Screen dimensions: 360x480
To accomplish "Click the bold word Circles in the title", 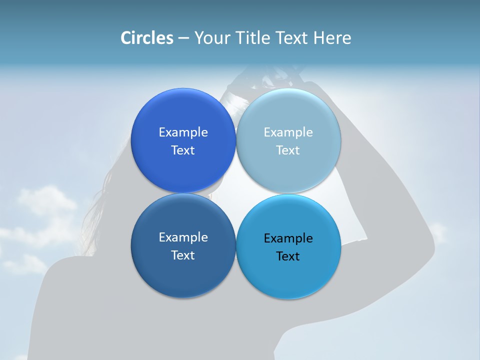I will pyautogui.click(x=146, y=38).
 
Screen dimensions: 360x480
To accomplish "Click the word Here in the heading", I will pyautogui.click(x=332, y=38).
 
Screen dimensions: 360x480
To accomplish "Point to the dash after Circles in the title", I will pyautogui.click(x=183, y=38).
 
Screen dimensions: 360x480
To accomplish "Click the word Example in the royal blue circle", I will pyautogui.click(x=183, y=132).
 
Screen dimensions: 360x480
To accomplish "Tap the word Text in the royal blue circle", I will pyautogui.click(x=183, y=150).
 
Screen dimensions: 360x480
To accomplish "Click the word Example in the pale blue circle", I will pyautogui.click(x=288, y=132).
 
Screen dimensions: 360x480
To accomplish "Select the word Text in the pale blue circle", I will pyautogui.click(x=288, y=150).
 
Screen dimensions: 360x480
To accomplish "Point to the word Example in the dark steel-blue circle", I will pyautogui.click(x=183, y=237).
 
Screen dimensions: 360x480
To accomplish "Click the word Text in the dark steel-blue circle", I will pyautogui.click(x=183, y=255).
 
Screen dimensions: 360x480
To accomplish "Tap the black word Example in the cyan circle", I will pyautogui.click(x=288, y=238).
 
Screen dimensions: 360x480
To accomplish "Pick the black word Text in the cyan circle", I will pyautogui.click(x=288, y=256).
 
